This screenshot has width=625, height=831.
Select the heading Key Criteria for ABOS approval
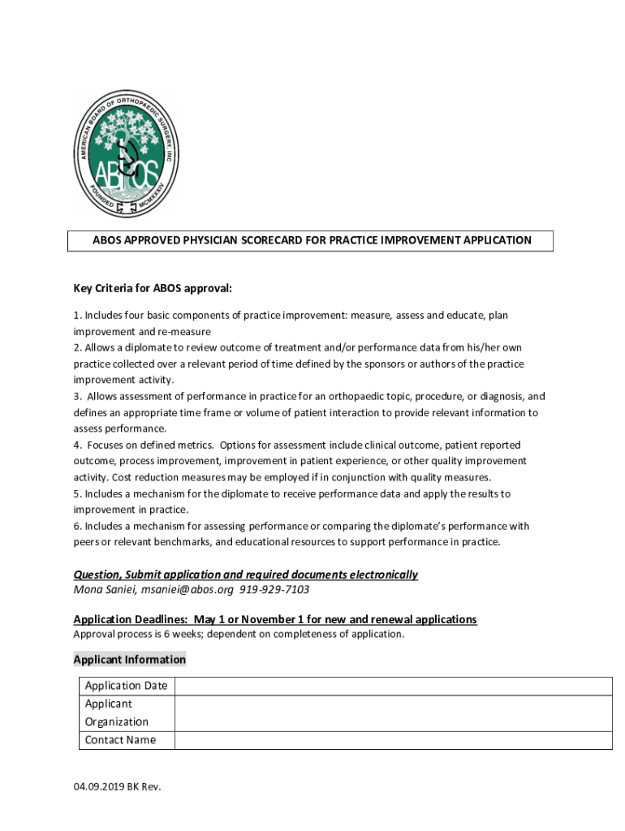[x=153, y=288]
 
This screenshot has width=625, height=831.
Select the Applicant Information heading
[x=130, y=660]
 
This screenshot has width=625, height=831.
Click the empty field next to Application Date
[x=393, y=686]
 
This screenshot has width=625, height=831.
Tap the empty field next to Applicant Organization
[x=393, y=713]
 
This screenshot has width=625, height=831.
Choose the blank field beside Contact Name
[x=393, y=739]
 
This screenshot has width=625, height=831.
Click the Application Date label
[x=126, y=686]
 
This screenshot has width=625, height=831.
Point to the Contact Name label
[x=120, y=739]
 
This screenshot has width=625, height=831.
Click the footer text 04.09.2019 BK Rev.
[x=117, y=786]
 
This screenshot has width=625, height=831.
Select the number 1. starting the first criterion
[x=77, y=315]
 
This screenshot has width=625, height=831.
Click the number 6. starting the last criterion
[x=77, y=526]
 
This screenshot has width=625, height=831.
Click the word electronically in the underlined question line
[x=381, y=575]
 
